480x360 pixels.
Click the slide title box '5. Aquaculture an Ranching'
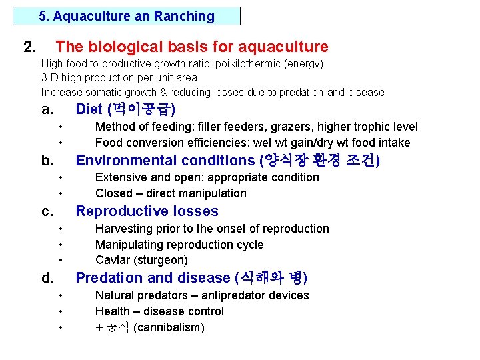pos(127,16)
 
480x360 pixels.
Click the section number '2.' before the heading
pos(30,47)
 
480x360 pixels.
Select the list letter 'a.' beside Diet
pos(47,109)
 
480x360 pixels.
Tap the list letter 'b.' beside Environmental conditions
pos(47,160)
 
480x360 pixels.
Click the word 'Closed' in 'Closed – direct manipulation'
pos(113,193)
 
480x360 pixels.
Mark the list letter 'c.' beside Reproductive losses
pos(47,211)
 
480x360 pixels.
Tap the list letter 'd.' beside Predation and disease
pos(47,277)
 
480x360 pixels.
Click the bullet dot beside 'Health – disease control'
pos(61,311)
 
